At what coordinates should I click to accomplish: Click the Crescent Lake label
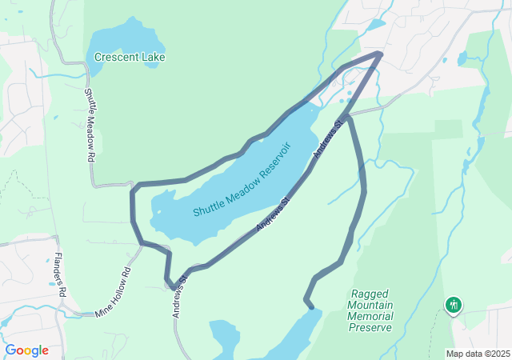pos(129,58)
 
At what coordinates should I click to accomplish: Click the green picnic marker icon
pos(454,305)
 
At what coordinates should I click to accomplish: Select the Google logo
pos(26,350)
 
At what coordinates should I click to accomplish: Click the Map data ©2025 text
pos(478,354)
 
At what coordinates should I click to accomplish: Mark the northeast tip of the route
pos(380,54)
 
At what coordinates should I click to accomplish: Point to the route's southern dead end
pos(307,302)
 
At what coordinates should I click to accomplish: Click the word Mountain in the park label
pos(371,305)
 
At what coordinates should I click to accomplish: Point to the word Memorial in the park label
pos(371,316)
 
